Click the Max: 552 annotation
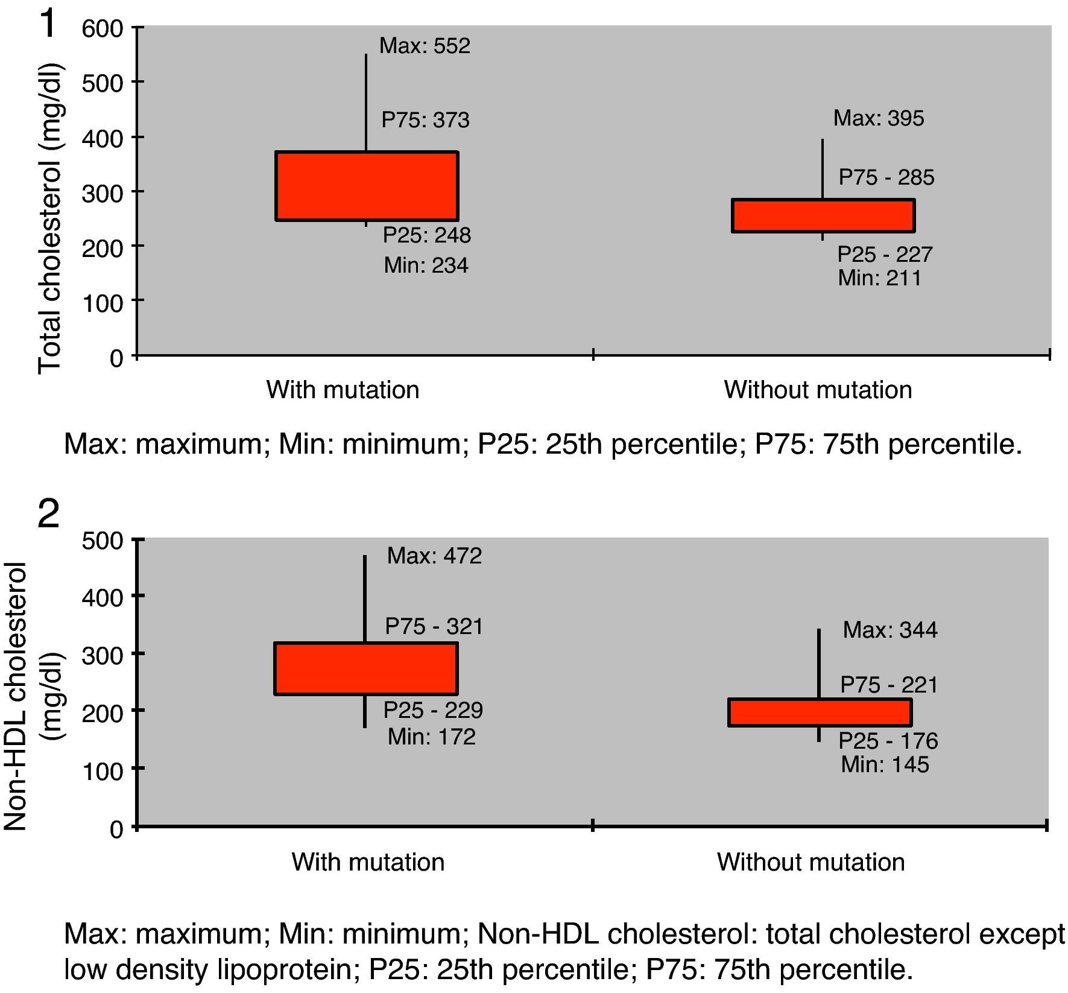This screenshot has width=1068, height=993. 425,46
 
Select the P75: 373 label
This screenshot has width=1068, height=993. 425,120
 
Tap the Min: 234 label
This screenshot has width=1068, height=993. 426,265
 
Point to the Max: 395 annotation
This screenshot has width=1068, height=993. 878,118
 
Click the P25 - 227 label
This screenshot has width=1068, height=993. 885,255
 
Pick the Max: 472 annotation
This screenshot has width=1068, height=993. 434,556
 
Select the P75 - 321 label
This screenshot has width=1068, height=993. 434,627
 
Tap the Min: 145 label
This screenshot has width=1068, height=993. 885,765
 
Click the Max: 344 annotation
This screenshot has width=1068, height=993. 890,630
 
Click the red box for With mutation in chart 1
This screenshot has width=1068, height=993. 367,186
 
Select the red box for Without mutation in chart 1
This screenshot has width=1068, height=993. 823,215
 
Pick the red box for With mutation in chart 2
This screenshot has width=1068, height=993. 366,668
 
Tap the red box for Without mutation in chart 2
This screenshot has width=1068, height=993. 820,712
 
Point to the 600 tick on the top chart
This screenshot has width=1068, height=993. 102,28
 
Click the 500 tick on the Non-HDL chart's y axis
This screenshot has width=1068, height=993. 102,540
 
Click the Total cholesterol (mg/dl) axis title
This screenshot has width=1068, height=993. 50,218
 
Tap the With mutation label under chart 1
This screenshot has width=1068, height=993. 343,390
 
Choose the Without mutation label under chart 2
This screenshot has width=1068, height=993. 810,862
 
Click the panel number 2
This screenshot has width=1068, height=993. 49,515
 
